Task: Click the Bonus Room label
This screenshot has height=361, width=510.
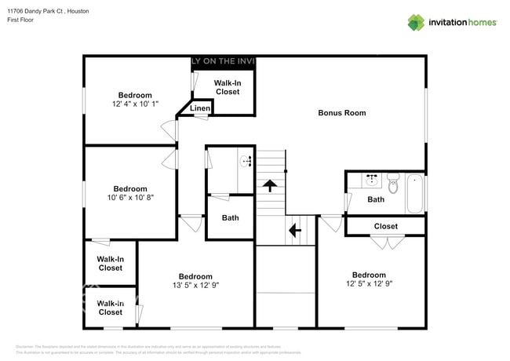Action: [341, 113]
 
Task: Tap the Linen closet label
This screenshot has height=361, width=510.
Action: [200, 108]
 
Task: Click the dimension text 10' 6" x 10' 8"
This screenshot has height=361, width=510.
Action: [130, 198]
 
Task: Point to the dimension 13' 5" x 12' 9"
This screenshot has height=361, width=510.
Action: [195, 286]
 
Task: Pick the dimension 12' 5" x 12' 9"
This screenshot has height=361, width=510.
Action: [368, 284]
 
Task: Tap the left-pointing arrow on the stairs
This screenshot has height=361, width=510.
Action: [294, 230]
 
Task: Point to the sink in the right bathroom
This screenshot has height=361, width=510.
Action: [372, 180]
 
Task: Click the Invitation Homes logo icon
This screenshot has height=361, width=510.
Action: [415, 23]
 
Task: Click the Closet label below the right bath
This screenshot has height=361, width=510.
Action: [385, 226]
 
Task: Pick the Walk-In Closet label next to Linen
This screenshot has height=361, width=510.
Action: [227, 87]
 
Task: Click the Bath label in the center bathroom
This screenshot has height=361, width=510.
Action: [230, 218]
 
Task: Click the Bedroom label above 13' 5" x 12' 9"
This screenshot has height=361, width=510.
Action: [195, 276]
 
